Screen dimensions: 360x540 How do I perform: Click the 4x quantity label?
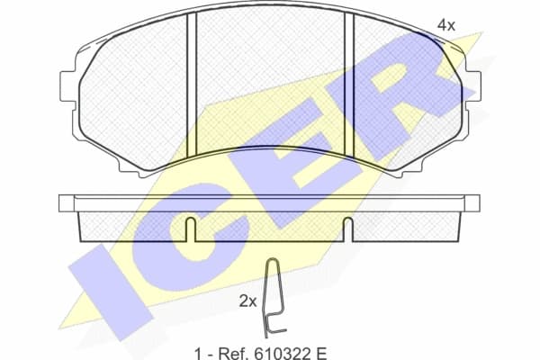[x=446, y=25]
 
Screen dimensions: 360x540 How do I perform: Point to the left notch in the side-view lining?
[x=191, y=229]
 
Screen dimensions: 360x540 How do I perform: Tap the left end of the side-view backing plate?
[x=66, y=203]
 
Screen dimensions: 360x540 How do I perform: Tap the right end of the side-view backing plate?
[x=474, y=203]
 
